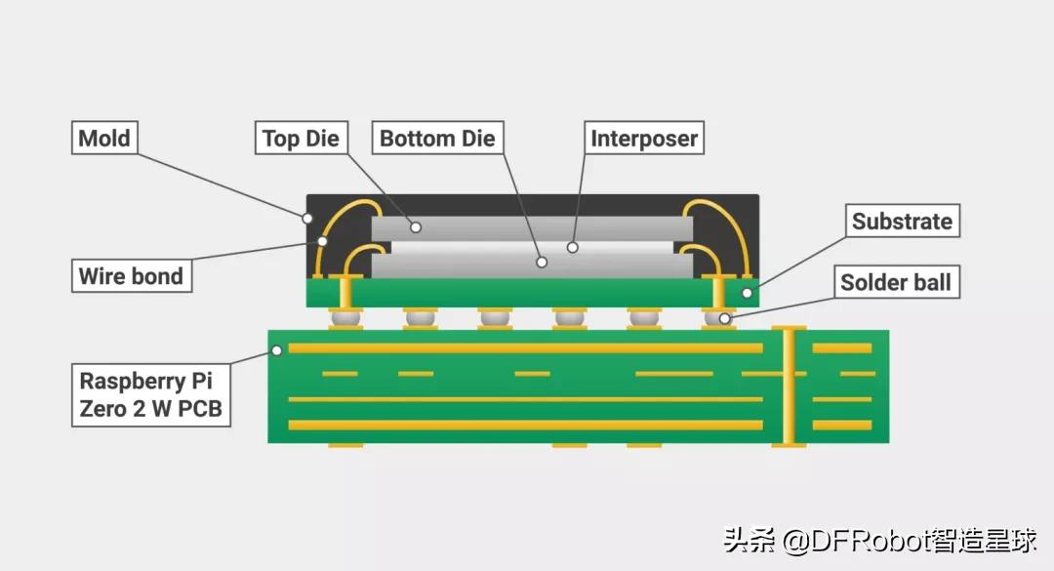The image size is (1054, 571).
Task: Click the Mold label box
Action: (104, 138)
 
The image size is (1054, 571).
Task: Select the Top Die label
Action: (301, 138)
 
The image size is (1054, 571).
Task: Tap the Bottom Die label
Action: (437, 138)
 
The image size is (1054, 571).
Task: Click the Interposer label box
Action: (644, 138)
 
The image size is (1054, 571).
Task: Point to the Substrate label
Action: (901, 221)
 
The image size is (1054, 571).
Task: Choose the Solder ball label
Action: (895, 283)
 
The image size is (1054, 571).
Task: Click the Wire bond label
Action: (131, 275)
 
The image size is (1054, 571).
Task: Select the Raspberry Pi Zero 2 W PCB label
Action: (151, 394)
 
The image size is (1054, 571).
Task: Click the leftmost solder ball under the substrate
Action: (345, 317)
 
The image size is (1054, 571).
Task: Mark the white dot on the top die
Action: (416, 227)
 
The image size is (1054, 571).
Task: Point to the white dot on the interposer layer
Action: (573, 247)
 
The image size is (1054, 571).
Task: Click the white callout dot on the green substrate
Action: (747, 291)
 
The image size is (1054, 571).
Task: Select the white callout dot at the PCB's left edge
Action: (277, 349)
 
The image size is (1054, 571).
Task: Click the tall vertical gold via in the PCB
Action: (789, 387)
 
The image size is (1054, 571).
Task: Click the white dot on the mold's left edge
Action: (307, 217)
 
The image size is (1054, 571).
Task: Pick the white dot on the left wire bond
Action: (321, 240)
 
